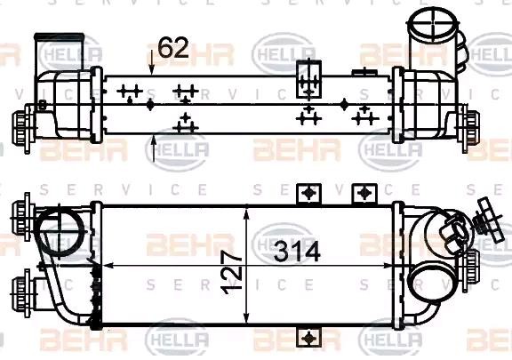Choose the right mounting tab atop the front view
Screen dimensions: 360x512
pos(361,193)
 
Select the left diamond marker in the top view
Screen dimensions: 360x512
pos(150,104)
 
